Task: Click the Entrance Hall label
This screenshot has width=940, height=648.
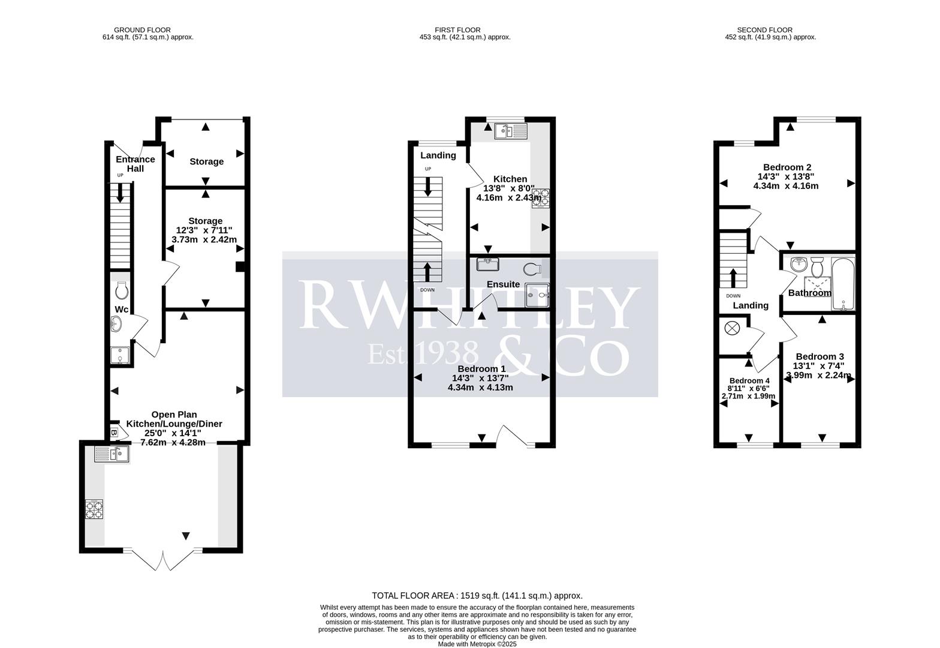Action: pos(135,164)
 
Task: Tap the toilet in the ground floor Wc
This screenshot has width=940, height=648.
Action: pos(121,291)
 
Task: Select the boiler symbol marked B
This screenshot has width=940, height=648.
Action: pos(114,432)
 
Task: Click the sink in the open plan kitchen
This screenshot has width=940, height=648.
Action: pos(112,455)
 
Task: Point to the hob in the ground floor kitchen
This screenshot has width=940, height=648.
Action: pos(94,509)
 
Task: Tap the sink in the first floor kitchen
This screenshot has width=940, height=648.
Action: pos(511,131)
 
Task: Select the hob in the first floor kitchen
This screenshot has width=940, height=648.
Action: pos(540,198)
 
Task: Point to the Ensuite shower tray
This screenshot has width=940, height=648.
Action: pos(537,295)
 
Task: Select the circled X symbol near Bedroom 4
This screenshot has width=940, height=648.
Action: pos(732,328)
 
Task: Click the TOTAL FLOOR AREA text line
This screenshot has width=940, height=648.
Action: pos(477,596)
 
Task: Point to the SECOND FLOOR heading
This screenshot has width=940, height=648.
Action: pos(764,30)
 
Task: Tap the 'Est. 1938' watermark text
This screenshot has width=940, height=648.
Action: pos(423,353)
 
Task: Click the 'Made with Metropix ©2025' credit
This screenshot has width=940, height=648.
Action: pos(477,644)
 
